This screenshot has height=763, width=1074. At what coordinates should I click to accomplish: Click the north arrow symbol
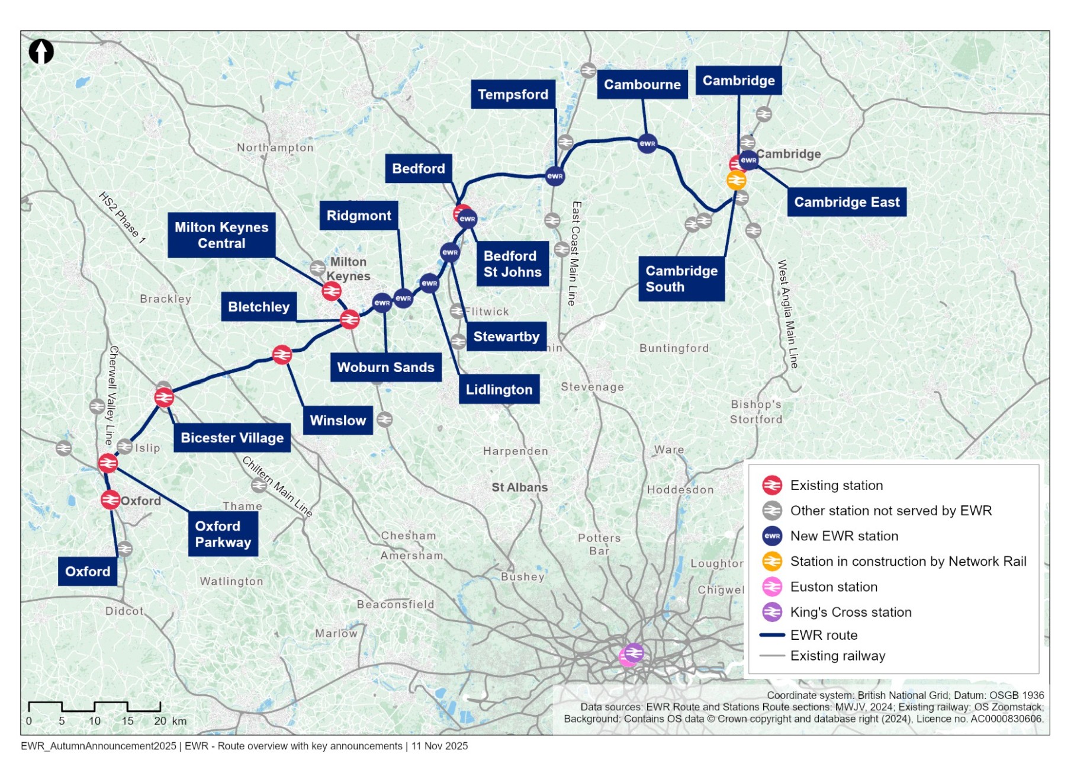click(41, 52)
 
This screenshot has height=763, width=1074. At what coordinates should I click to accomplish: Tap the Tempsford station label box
click(513, 94)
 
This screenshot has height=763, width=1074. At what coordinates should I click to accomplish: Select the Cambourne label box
click(642, 85)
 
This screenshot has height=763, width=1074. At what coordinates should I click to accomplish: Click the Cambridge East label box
click(846, 202)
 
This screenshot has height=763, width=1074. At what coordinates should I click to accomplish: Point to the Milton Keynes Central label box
click(221, 235)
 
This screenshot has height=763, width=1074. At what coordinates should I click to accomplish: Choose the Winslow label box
click(338, 421)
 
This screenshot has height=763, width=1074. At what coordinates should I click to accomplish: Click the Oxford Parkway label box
click(223, 534)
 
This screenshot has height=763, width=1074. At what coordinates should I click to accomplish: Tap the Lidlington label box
click(499, 389)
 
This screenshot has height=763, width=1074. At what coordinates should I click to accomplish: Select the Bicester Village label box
click(232, 438)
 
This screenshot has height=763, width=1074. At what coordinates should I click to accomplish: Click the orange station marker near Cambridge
click(736, 180)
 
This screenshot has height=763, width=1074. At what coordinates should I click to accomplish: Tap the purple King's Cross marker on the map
click(635, 653)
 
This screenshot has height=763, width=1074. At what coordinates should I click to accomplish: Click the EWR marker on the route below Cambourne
click(647, 143)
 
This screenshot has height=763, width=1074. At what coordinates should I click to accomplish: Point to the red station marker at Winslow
click(282, 355)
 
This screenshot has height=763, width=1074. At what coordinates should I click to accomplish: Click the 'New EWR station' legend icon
click(772, 536)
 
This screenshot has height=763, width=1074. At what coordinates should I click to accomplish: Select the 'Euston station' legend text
click(834, 587)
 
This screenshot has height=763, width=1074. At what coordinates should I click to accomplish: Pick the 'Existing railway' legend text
click(838, 656)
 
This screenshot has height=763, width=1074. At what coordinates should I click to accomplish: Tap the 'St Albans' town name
click(519, 488)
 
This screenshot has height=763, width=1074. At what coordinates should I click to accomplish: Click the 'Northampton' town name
click(275, 148)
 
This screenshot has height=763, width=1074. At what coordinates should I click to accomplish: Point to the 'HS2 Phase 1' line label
click(122, 217)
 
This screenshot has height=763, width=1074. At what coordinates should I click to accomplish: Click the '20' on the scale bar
click(160, 721)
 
